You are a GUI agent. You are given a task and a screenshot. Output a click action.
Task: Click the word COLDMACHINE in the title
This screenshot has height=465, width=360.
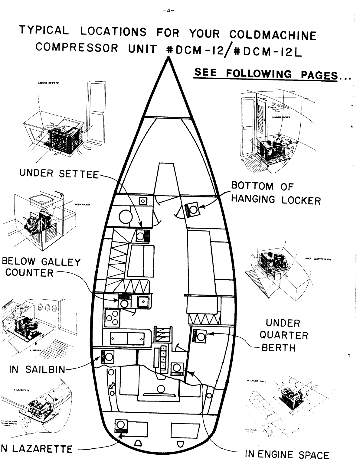(x=273, y=35)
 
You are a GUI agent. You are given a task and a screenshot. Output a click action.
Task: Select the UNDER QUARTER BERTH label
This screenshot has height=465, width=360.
(x=283, y=335)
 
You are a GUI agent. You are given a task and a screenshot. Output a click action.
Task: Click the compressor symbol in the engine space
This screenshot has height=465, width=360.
(x=177, y=369)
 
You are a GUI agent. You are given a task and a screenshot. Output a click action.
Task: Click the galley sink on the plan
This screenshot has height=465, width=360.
(x=143, y=301)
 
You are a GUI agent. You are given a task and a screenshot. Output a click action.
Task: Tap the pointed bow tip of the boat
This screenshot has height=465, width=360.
(x=168, y=60)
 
